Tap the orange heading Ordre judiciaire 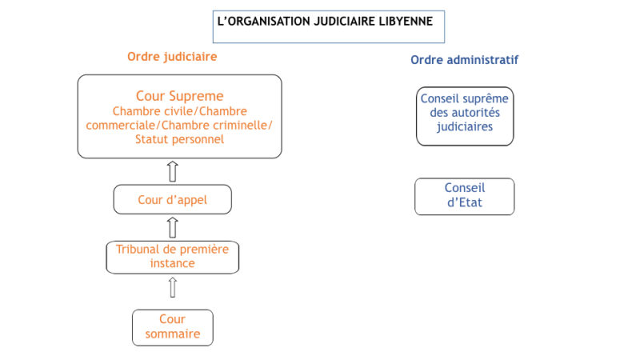point(172,57)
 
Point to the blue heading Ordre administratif point(465,60)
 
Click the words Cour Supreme point(179,96)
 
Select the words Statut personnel point(179,139)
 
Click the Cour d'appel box point(172,199)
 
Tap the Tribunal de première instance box point(172,257)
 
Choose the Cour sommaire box point(172,327)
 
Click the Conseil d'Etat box point(465,196)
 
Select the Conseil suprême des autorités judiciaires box point(465,116)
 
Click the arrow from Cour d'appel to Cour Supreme point(173,171)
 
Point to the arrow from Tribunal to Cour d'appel point(173,228)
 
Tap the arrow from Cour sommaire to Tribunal point(173,287)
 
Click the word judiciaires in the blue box point(465,127)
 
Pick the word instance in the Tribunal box point(172,264)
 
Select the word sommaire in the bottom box point(173,334)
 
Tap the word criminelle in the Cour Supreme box point(242,126)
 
